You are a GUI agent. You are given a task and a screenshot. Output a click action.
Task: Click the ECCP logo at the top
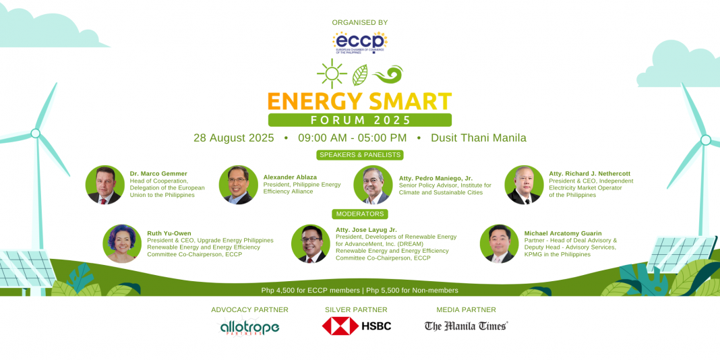click(360, 42)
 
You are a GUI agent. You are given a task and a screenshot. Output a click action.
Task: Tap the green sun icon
click(332, 73)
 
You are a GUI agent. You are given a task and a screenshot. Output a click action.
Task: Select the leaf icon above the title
click(360, 75)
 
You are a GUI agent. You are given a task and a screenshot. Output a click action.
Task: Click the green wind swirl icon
click(388, 74)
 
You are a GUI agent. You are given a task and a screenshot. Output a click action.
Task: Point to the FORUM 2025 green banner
click(360, 120)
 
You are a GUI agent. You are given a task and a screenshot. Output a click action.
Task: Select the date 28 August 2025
click(234, 138)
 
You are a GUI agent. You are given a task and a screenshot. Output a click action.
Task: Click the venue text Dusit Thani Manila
click(479, 138)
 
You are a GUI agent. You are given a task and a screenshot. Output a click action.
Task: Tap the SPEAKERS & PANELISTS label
click(360, 155)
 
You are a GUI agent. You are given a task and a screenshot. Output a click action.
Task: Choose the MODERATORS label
click(360, 214)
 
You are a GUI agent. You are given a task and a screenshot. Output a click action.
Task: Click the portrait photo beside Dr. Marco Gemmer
click(104, 185)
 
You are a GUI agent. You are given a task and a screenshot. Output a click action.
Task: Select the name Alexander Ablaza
click(290, 177)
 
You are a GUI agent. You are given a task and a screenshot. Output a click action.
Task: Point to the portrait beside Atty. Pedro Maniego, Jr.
click(373, 185)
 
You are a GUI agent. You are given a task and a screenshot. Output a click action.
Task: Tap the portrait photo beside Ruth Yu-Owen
click(122, 243)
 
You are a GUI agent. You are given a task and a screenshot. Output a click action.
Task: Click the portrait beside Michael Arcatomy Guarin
click(499, 244)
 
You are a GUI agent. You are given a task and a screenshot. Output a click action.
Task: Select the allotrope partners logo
click(250, 326)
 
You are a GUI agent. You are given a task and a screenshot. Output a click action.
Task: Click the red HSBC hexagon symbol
click(340, 326)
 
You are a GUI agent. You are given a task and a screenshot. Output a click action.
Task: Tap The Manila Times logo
click(466, 326)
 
